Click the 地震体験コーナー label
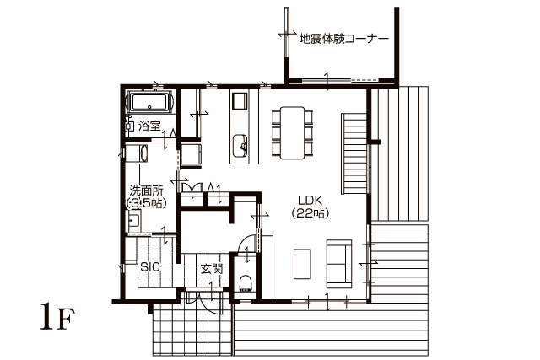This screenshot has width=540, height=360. click(x=343, y=39)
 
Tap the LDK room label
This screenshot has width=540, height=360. click(x=310, y=201)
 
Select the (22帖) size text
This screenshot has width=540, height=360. click(x=310, y=214)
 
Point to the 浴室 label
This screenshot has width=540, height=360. click(x=149, y=126)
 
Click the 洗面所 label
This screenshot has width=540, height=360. click(x=147, y=191)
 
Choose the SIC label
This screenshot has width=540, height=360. click(x=150, y=266)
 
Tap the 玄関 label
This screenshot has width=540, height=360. click(x=212, y=269)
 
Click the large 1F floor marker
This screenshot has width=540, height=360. click(x=57, y=317)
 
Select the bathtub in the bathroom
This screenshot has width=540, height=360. click(x=149, y=102)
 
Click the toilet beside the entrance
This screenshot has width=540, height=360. click(x=246, y=283)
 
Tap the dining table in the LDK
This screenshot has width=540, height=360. click(x=293, y=133)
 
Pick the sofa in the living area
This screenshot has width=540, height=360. click(x=339, y=264)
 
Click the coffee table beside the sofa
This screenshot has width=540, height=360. click(x=302, y=264)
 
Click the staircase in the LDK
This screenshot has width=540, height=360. click(x=354, y=153)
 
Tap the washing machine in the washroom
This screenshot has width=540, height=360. click(x=137, y=153)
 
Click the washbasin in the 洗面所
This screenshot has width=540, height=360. click(x=134, y=221)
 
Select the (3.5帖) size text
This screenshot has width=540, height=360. click(x=147, y=203)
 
